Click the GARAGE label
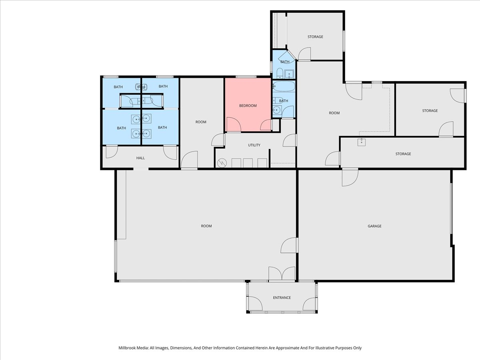click(x=374, y=226)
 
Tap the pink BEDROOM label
click(x=248, y=106)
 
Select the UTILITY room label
click(x=254, y=145)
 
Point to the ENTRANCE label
click(x=282, y=298)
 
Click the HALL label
click(x=140, y=158)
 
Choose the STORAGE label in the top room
click(x=315, y=37)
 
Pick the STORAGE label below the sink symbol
click(x=403, y=154)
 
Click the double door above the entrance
click(x=282, y=274)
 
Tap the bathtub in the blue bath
click(x=284, y=86)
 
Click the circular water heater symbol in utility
click(x=222, y=163)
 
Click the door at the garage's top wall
click(x=350, y=177)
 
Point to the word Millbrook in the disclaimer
click(x=128, y=348)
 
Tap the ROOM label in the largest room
click(x=206, y=226)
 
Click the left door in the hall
click(x=111, y=152)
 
